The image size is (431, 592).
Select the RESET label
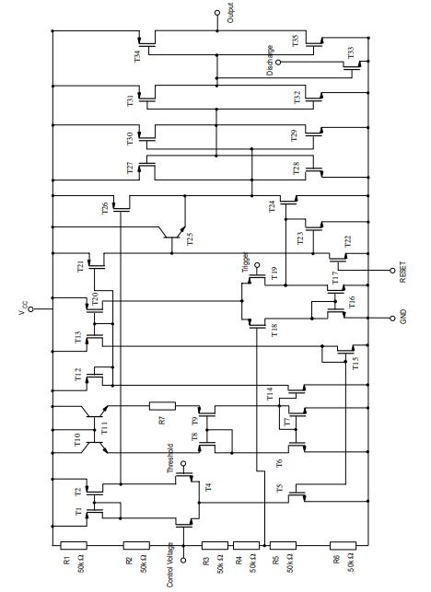(403, 272)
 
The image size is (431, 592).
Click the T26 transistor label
(105, 207)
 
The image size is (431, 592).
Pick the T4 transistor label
(207, 485)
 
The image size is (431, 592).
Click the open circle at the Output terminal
(218, 15)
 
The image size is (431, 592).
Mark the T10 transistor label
(77, 440)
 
